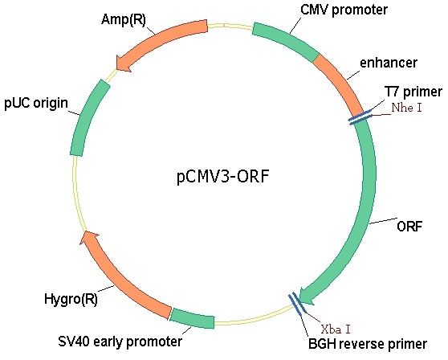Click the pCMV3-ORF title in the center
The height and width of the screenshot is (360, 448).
coord(223,177)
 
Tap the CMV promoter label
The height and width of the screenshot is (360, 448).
coord(344,10)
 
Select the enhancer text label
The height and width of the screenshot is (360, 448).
coord(389,63)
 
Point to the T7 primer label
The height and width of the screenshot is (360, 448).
coord(413,92)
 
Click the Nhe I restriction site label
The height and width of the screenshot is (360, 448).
coord(406,108)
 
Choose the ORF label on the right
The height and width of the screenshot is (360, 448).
coord(409,227)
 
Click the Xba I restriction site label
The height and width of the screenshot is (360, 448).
coord(336,329)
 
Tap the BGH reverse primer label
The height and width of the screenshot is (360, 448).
coord(368,344)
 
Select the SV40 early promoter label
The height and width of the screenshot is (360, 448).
coord(120,342)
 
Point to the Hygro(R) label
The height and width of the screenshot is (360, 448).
coord(71,300)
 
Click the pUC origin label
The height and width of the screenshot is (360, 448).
coord(36,103)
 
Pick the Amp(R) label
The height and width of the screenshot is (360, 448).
coord(124,20)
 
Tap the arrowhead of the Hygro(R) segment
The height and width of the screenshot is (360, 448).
coord(88,237)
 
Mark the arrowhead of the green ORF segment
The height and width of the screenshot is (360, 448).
coord(306,297)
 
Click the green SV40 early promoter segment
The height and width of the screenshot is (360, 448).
coord(192,318)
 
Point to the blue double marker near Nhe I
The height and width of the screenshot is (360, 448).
coord(360,117)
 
